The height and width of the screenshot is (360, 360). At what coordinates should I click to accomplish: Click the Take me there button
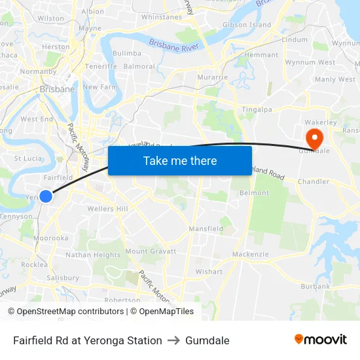pyautogui.click(x=180, y=160)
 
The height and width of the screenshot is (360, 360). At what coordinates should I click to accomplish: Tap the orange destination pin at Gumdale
pyautogui.click(x=314, y=137)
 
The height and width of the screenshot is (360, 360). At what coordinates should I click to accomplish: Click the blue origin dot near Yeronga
pyautogui.click(x=46, y=196)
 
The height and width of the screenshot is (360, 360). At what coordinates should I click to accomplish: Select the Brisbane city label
pyautogui.click(x=57, y=89)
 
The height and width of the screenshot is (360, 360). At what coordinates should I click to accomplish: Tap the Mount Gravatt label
pyautogui.click(x=151, y=251)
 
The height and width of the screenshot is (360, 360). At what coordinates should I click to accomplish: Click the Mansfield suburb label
pyautogui.click(x=206, y=229)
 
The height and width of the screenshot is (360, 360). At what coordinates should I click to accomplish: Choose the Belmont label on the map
pyautogui.click(x=254, y=193)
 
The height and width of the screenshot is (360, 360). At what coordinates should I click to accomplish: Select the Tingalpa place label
pyautogui.click(x=257, y=109)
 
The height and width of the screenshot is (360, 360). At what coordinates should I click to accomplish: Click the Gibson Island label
pyautogui.click(x=247, y=25)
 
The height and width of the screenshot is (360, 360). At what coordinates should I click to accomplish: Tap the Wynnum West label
pyautogui.click(x=310, y=63)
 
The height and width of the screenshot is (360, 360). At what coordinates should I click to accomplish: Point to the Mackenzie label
pyautogui.click(x=250, y=254)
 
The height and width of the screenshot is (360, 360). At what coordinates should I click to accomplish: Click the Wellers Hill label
pyautogui.click(x=108, y=209)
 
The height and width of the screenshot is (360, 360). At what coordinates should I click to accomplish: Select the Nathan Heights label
pyautogui.click(x=93, y=255)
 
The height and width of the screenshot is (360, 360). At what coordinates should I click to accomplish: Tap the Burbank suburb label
pyautogui.click(x=315, y=287)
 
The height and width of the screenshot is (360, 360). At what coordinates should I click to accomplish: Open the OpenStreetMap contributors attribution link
pyautogui.click(x=66, y=312)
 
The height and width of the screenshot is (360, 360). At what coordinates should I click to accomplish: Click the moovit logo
pyautogui.click(x=320, y=340)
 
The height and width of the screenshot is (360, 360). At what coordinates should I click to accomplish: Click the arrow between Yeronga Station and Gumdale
pyautogui.click(x=173, y=340)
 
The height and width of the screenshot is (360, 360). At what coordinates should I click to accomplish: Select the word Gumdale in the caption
pyautogui.click(x=207, y=340)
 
